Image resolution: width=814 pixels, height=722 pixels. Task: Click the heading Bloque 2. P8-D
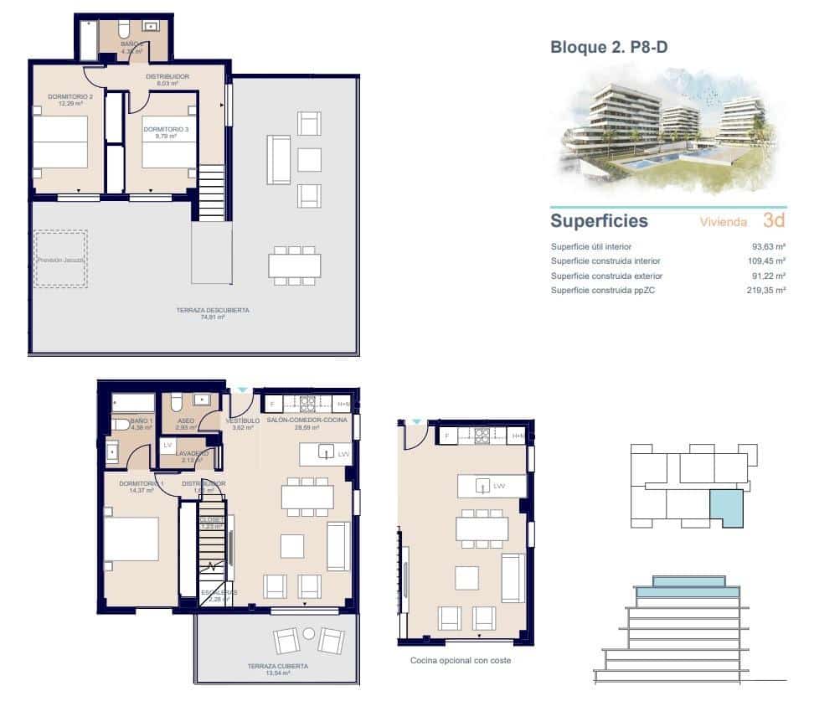coord(609,48)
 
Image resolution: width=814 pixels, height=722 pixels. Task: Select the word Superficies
coord(599,221)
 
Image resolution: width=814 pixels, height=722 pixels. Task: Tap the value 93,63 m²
coord(768,247)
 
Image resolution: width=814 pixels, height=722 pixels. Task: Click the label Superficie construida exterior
coord(606,276)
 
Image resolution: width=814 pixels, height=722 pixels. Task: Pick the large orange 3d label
coord(774,221)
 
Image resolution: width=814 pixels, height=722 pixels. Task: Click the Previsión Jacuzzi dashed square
coord(60,260)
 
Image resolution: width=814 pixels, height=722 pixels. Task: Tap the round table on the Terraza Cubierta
coord(308,633)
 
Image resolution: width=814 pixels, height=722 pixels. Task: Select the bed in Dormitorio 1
coord(131,539)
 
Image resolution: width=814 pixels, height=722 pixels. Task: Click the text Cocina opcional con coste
coord(460,661)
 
